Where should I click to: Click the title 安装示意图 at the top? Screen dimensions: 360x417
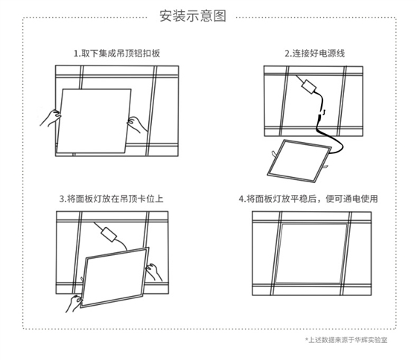(x=193, y=16)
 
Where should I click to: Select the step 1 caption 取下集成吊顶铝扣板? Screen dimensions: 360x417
(x=116, y=54)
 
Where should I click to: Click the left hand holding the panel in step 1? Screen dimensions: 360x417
(x=53, y=117)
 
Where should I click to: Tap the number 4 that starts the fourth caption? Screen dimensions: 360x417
(x=241, y=199)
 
